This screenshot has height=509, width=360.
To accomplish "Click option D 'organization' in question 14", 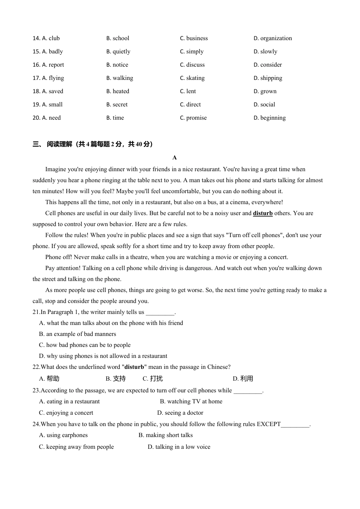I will pos(272,38).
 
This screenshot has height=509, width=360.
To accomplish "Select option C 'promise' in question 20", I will pos(193,118).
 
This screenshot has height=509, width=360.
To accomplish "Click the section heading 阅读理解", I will pos(59,144).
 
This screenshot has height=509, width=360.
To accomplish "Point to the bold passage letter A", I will pos(175,158).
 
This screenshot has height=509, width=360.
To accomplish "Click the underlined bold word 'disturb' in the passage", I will pos(263,213).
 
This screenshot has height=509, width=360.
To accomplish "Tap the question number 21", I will pos(36,312).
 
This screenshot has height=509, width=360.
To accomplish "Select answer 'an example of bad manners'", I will pos(77,334).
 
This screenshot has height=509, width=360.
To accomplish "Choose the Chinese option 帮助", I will pos(49,379).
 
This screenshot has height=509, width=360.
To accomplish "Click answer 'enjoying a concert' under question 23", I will pos(66,413).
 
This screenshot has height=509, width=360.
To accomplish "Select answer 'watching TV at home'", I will pos(191,401).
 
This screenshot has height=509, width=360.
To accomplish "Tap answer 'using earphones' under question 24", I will pos(63,435).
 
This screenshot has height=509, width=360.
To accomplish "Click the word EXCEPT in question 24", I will pos(269,424).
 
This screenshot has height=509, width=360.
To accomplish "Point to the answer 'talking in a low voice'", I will pos(179,447).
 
